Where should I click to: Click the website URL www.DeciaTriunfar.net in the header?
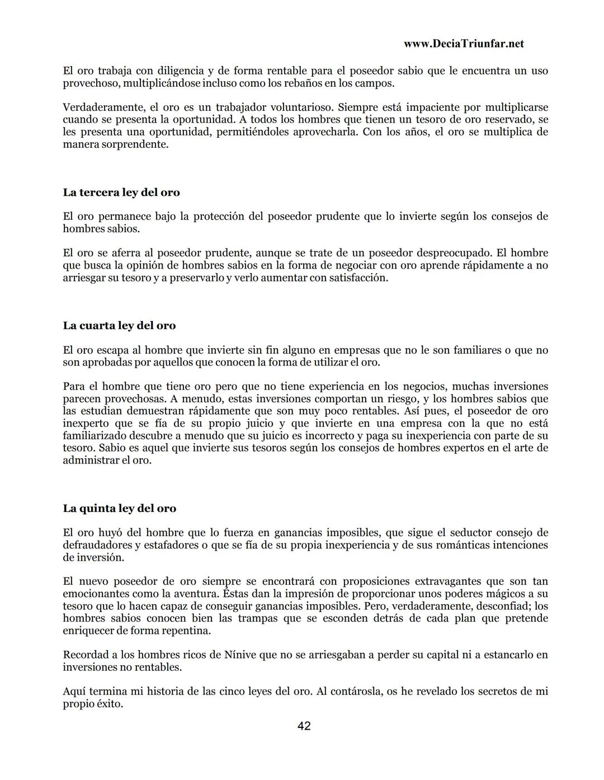coord(463,44)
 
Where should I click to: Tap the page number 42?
coord(304,726)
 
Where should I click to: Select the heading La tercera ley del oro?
coord(121,192)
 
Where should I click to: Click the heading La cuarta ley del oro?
coord(119,326)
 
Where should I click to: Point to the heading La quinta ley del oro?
coord(119,509)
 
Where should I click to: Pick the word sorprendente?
coord(135,144)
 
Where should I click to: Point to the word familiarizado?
coord(95,436)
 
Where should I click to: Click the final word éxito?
coord(109,704)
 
